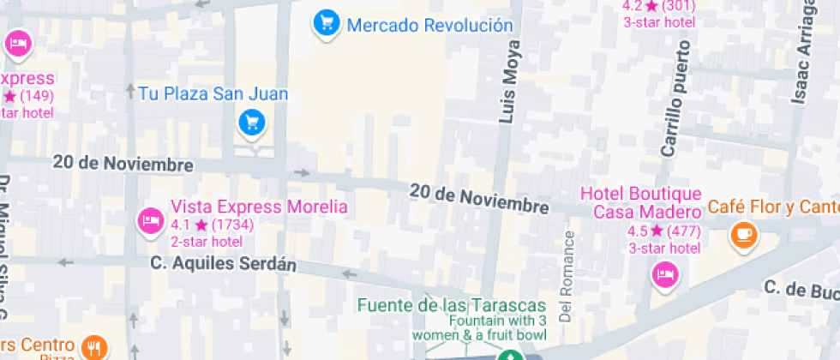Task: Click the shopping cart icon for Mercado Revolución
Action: coord(326,24)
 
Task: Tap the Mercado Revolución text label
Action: coord(429,26)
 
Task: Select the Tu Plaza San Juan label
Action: coord(213,93)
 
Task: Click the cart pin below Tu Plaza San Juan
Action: coord(251,123)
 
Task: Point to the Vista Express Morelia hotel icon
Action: coord(151,220)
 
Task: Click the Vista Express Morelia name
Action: coord(259,207)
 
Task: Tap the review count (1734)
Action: coord(232,225)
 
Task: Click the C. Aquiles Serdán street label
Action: coord(223,263)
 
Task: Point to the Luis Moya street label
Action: coord(510,83)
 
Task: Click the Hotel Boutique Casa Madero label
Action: coord(641,203)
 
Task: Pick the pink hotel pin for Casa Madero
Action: coord(664,275)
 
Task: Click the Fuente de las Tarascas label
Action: coord(451,305)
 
